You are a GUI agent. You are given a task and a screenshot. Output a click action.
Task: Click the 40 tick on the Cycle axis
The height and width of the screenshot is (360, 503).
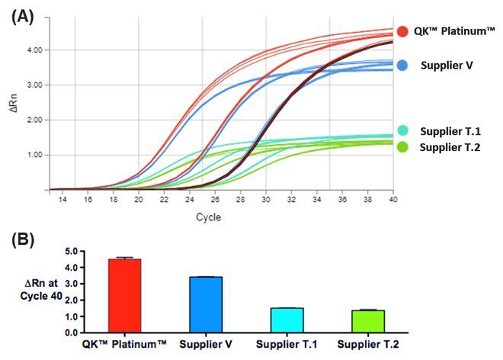pos(392,200)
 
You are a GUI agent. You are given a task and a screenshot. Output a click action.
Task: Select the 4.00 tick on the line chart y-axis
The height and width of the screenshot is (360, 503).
pos(34,50)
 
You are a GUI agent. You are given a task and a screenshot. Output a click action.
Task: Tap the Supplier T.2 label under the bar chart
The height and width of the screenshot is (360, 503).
pos(370,344)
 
